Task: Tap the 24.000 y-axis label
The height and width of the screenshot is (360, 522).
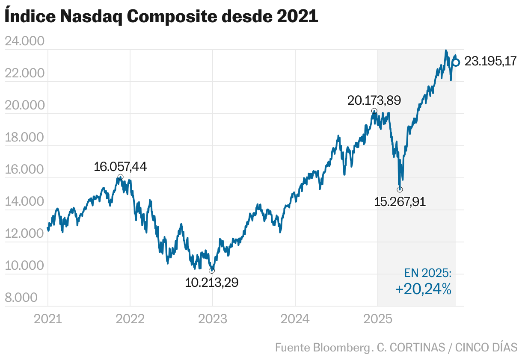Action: tap(24, 41)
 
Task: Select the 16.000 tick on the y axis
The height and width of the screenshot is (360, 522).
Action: tap(24, 170)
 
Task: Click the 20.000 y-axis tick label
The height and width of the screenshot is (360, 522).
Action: tap(24, 106)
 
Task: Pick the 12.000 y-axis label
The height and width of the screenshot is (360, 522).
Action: tap(24, 234)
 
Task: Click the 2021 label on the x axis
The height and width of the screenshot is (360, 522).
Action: tap(48, 319)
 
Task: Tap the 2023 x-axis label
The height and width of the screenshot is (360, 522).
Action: tap(213, 319)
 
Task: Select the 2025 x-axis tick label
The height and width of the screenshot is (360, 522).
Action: tap(378, 319)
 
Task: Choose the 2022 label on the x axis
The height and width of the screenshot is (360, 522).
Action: tap(130, 319)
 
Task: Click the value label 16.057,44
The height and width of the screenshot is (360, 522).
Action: tap(120, 167)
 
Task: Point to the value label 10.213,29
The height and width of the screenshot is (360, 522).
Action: tap(212, 282)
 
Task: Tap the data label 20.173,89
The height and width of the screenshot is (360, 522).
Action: tap(374, 101)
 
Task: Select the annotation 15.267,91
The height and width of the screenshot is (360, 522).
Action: tap(400, 201)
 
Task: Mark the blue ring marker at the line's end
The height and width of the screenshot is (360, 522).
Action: tap(456, 62)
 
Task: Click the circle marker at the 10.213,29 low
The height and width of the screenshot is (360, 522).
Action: tap(212, 271)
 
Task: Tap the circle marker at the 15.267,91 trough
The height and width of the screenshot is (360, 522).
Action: tap(400, 189)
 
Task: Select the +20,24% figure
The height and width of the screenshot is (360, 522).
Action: tap(423, 289)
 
